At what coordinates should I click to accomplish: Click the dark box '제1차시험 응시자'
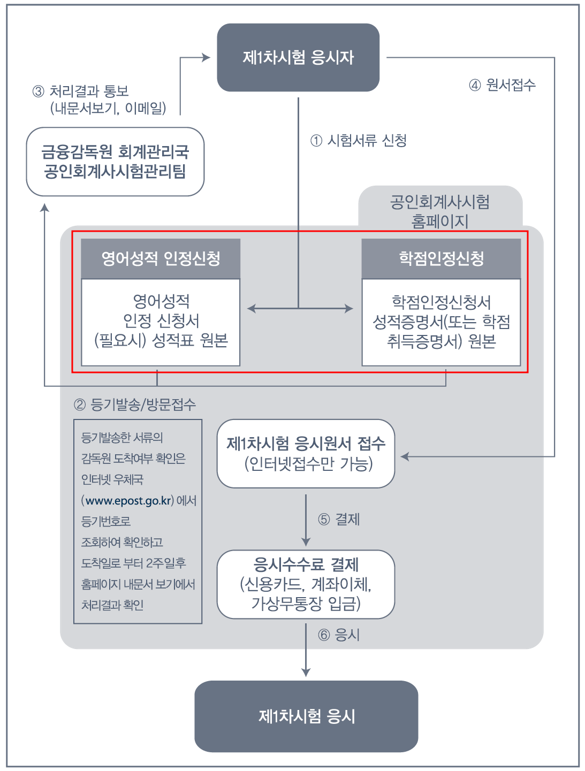tap(298, 57)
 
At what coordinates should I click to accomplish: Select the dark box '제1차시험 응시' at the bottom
tap(306, 716)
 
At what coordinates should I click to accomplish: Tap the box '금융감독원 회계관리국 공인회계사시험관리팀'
tap(115, 162)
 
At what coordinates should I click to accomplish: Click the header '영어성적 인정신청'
tap(161, 259)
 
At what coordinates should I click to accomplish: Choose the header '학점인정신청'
tap(441, 259)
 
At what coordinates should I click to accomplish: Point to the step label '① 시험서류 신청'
tap(359, 141)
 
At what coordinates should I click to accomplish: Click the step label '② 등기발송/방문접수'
tap(135, 404)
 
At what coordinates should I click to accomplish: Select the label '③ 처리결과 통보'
tap(81, 91)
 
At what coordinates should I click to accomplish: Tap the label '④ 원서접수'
tap(502, 85)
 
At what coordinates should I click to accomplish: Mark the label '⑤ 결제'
tap(339, 520)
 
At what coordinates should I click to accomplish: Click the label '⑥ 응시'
tap(339, 635)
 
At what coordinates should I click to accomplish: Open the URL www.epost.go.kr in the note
tap(128, 501)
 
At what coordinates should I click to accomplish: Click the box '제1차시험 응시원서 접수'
tap(306, 444)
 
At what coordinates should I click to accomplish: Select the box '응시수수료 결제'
tap(306, 564)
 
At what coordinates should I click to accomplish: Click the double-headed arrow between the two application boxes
tap(300, 309)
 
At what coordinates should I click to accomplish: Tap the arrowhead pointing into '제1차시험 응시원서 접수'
tap(405, 456)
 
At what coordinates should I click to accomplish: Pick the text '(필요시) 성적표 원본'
tap(161, 340)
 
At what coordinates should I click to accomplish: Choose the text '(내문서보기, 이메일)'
tap(108, 108)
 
